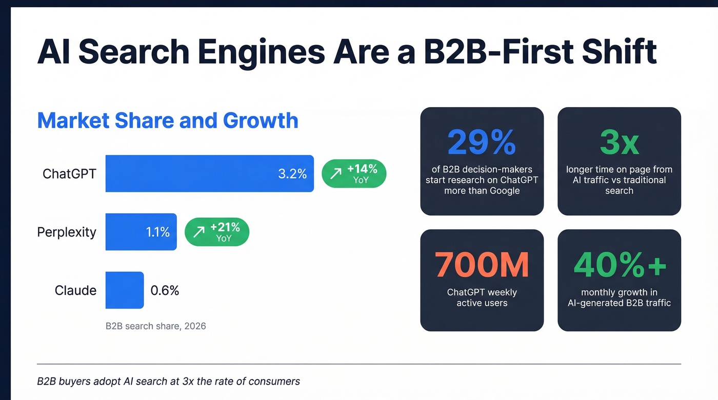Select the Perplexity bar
click(x=141, y=232)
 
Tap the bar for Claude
click(x=125, y=290)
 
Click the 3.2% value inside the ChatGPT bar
click(x=292, y=174)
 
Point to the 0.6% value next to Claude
click(x=165, y=290)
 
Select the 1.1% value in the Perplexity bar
click(x=157, y=232)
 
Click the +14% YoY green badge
click(x=354, y=174)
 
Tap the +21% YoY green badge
click(x=217, y=232)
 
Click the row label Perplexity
click(x=67, y=232)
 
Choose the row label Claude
click(x=75, y=290)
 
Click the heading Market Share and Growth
click(x=168, y=120)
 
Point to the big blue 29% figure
click(x=482, y=142)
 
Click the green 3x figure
click(x=619, y=142)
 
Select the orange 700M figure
click(x=482, y=265)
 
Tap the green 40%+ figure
click(x=619, y=265)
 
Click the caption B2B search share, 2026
click(x=156, y=326)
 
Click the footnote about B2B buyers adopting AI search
click(x=168, y=381)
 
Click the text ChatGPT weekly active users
click(x=482, y=298)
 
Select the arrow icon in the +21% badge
click(x=198, y=232)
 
